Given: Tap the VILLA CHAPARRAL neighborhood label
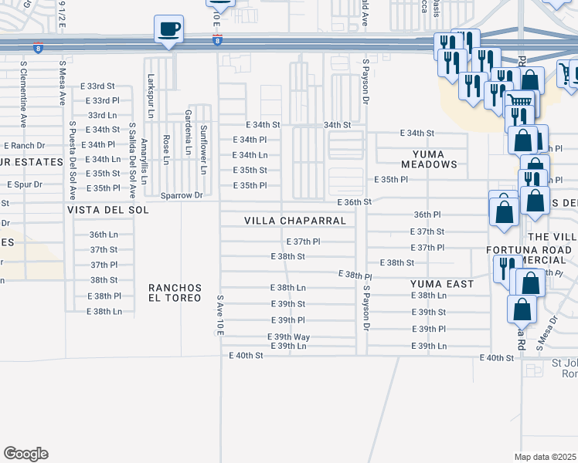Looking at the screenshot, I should click(x=294, y=221).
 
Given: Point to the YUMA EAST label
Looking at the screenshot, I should click(x=442, y=284).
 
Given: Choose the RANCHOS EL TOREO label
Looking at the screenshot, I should click(x=175, y=293).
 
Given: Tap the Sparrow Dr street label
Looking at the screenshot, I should click(x=181, y=196).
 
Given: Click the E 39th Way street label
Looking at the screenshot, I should click(x=288, y=337).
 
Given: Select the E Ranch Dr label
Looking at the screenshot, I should click(x=24, y=145).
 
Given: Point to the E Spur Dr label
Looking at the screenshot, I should click(x=25, y=185).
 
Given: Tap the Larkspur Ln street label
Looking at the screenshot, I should click(x=151, y=92).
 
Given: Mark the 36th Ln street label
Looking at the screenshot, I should click(x=103, y=234).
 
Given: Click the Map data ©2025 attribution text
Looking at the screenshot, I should click(x=545, y=457).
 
